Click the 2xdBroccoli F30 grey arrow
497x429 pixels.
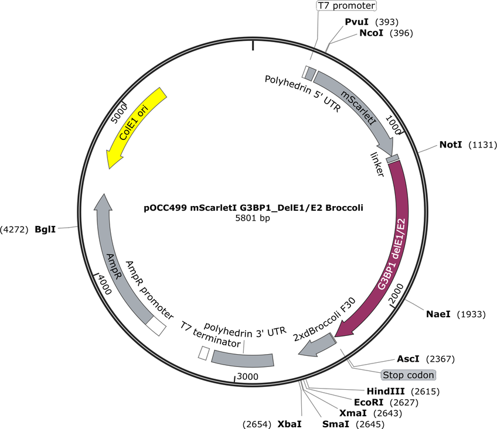coord(318,346)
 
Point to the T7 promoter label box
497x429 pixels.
coord(347,5)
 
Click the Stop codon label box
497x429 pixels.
coord(409,375)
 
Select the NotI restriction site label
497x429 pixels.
coord(450,145)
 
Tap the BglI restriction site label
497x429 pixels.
coord(45,229)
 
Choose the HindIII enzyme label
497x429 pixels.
coord(386,392)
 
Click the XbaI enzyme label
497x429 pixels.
coord(290,424)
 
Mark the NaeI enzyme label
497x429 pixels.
coord(438,314)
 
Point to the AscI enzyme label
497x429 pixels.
coord(408,359)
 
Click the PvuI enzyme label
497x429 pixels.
coord(356,22)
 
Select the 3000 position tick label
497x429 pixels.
coord(247,376)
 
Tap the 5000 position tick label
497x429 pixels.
coord(119,114)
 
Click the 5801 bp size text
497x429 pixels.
coord(253,218)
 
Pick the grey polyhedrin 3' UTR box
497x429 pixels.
coord(243,360)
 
